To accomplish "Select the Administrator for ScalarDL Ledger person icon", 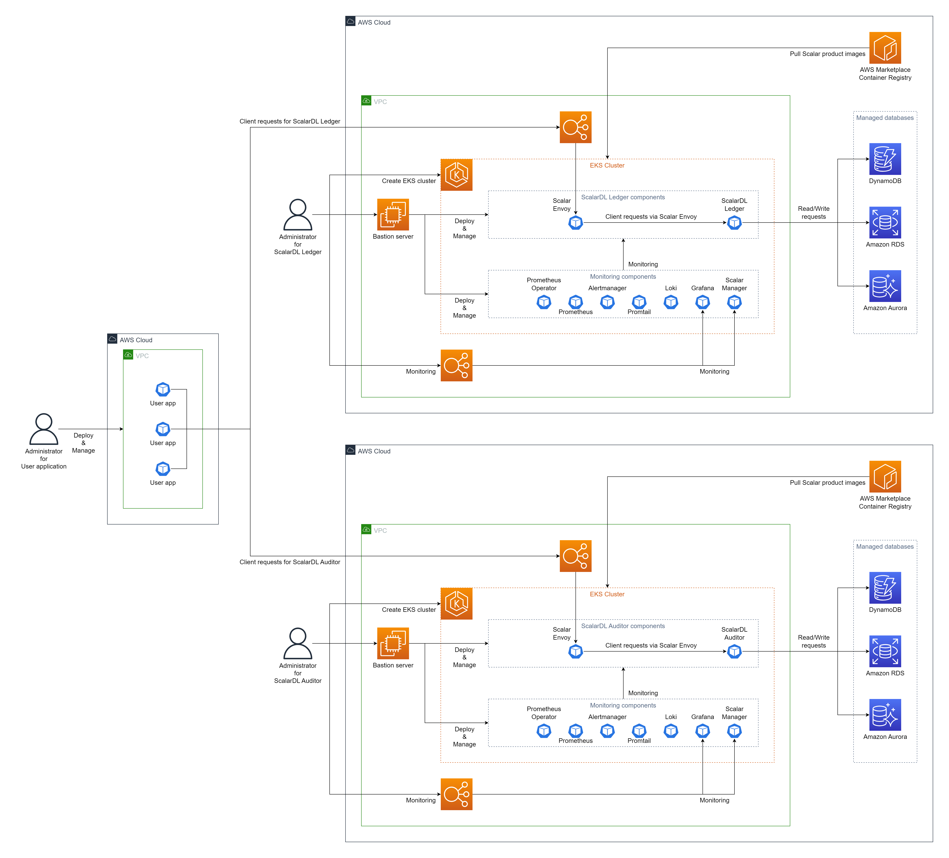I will tap(297, 215).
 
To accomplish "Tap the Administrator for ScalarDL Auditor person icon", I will tap(297, 643).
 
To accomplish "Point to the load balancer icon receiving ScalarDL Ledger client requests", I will tap(575, 127).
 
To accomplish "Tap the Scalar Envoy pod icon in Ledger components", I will tap(575, 223).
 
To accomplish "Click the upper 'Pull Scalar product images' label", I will tap(827, 54).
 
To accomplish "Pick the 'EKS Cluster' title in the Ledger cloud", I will tap(607, 165).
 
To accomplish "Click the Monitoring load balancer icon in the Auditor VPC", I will tap(456, 794).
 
